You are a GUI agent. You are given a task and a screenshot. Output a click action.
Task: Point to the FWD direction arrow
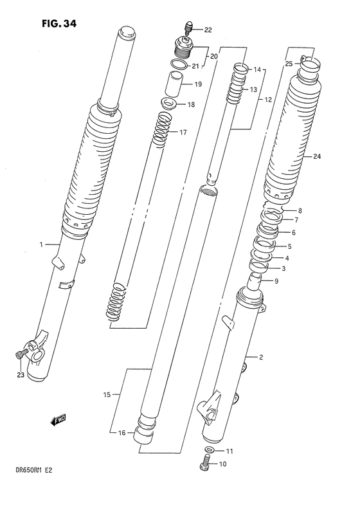pos(59,421)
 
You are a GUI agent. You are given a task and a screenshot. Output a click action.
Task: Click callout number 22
pos(207,30)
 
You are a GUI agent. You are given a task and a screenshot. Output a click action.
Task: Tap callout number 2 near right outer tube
pos(262,356)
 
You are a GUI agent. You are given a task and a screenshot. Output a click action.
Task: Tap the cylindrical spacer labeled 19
pos(174,84)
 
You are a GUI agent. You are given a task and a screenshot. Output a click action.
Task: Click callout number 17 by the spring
pos(183,133)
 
